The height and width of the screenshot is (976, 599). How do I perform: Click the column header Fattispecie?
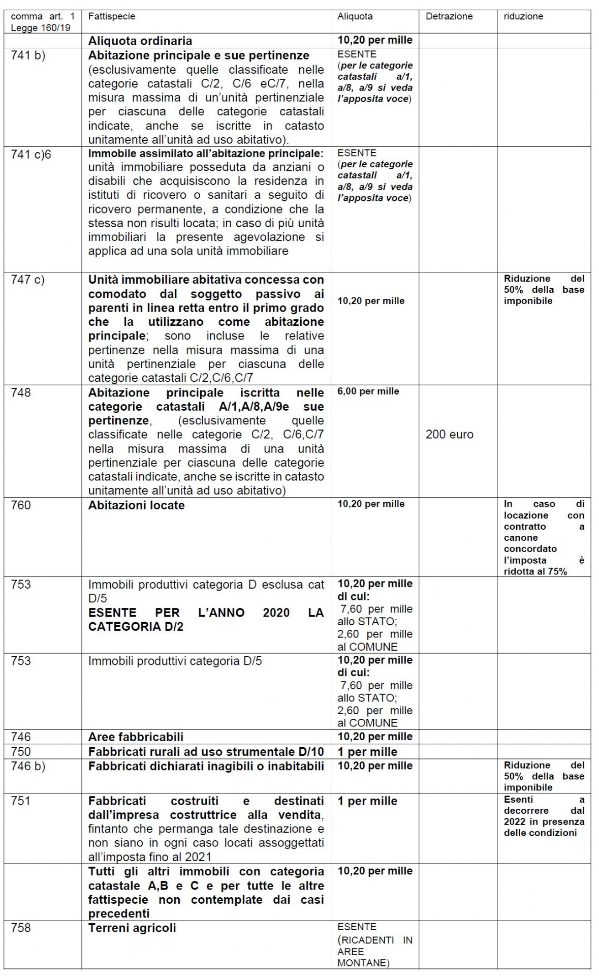(111, 16)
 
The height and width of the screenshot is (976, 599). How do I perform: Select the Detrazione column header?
(449, 16)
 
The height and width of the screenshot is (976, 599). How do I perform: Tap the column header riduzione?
(523, 16)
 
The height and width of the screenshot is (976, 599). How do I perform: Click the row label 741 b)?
(28, 55)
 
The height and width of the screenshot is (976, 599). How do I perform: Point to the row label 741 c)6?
(31, 154)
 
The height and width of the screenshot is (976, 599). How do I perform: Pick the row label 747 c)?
(27, 280)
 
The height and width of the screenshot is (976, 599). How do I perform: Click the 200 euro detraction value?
(449, 435)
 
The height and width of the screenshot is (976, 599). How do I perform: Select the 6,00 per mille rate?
(368, 391)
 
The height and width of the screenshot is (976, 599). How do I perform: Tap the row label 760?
(21, 505)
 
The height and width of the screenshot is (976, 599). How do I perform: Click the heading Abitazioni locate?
(136, 506)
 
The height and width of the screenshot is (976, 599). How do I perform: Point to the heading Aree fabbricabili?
(136, 737)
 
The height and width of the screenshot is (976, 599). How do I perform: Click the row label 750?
(21, 752)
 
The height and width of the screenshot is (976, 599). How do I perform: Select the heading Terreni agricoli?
(132, 928)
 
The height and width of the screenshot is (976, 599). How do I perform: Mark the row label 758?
(21, 928)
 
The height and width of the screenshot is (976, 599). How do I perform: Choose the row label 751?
(20, 801)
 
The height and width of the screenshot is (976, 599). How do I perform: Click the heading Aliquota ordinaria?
(140, 41)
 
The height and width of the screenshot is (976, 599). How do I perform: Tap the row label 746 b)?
(28, 766)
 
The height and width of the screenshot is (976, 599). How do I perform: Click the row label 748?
(21, 393)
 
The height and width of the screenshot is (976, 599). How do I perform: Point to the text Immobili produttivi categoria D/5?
(175, 661)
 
